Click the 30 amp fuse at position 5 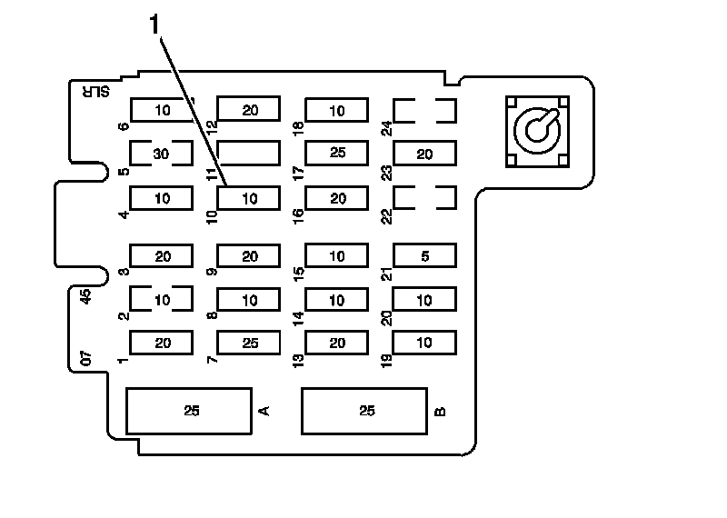coord(161,154)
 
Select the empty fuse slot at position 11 coord(248,153)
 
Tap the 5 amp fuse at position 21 coord(424,256)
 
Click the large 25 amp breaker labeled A coord(189,411)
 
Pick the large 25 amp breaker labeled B coord(365,411)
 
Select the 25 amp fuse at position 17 coord(337,153)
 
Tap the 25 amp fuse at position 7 coord(249,343)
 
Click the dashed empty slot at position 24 coord(424,111)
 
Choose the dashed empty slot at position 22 coord(424,197)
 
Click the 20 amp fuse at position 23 coord(424,154)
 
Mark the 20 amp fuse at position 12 coord(249,110)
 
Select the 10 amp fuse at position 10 coord(249,197)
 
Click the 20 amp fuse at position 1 coord(162,343)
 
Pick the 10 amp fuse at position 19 coord(424,343)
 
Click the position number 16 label coord(298,214)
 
